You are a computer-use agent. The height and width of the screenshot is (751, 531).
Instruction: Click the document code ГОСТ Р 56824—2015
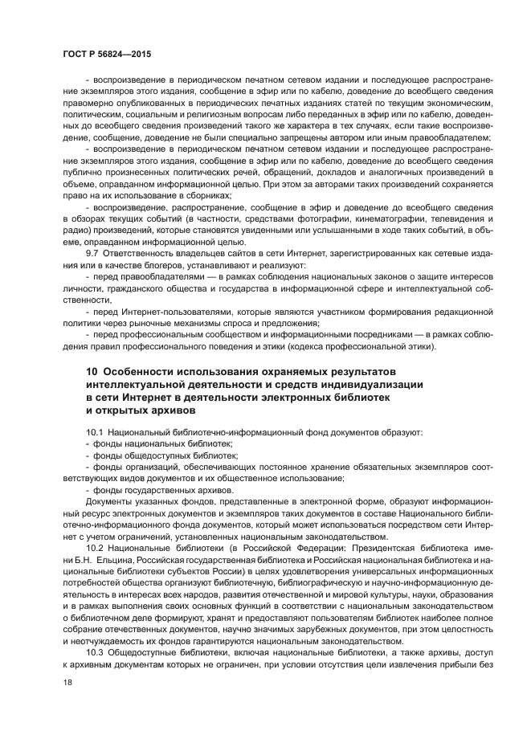[106, 54]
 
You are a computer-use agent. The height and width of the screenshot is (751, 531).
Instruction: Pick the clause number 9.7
[92, 253]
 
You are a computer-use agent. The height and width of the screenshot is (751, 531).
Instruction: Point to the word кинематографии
[375, 218]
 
